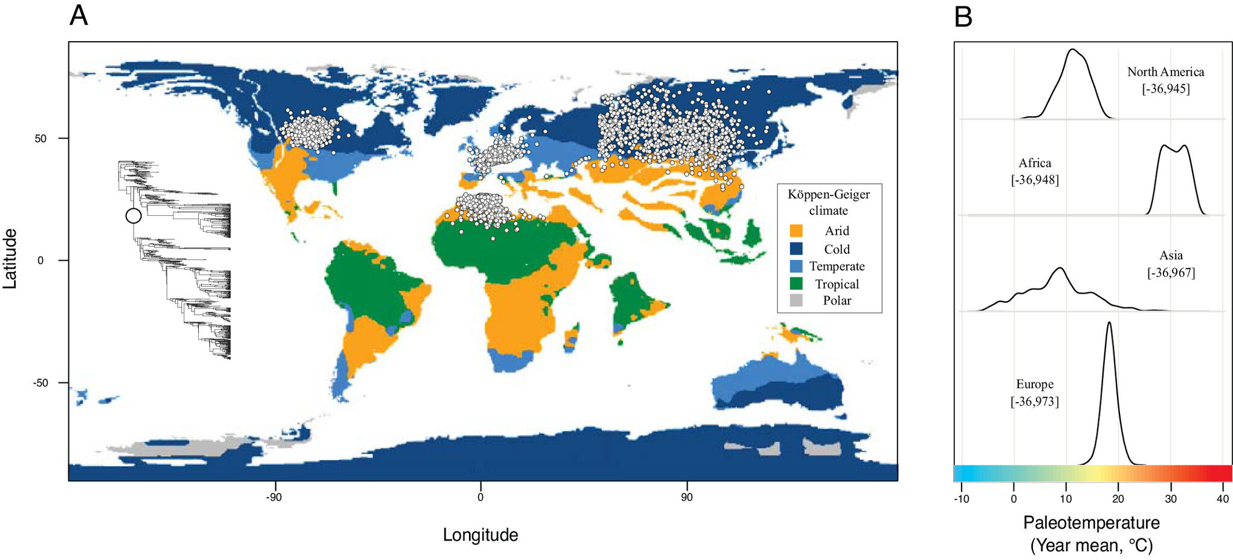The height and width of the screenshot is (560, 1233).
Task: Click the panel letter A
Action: tap(79, 16)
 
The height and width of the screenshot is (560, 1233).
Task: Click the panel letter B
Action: tap(963, 16)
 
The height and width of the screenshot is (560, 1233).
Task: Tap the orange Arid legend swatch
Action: tap(796, 231)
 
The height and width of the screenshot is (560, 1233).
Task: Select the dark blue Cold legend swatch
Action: tap(796, 249)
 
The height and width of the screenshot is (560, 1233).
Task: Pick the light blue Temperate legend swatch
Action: tap(796, 266)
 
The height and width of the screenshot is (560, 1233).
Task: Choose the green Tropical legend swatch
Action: tap(796, 284)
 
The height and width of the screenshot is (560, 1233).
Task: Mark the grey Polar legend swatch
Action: tap(796, 301)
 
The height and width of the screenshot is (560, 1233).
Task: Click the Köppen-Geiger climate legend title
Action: tap(829, 202)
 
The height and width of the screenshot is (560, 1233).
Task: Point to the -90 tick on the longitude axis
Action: tap(274, 497)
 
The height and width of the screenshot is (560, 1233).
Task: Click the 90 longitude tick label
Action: tap(687, 497)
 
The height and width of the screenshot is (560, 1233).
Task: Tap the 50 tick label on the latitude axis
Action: tap(40, 138)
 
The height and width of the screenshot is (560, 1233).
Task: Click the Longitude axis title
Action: tap(481, 535)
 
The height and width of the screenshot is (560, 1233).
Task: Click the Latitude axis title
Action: tap(10, 259)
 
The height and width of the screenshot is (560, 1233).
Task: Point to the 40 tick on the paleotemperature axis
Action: tap(1223, 499)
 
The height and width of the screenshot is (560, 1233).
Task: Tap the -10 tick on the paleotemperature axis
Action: tap(961, 499)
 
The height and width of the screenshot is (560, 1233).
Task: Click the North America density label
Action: tap(1165, 72)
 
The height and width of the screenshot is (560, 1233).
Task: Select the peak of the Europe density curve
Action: tap(1109, 322)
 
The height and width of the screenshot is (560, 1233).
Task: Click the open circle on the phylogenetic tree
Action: tap(134, 216)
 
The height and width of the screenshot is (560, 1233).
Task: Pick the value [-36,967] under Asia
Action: tap(1171, 273)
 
